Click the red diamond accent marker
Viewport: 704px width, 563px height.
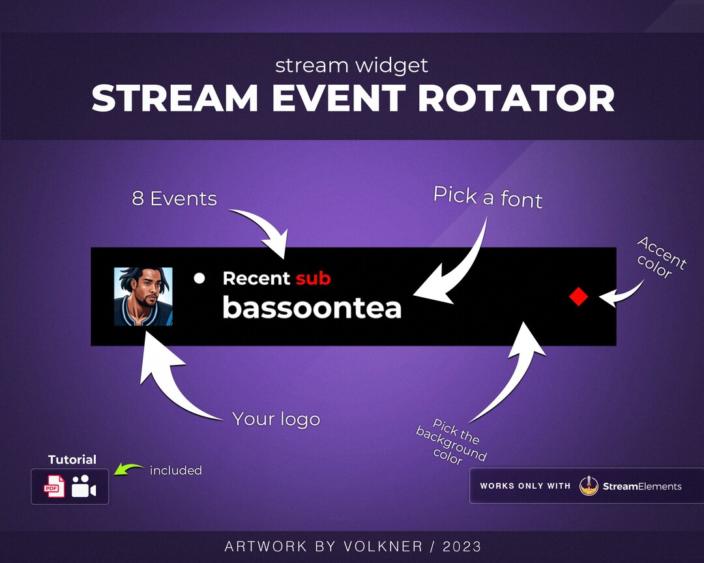(578, 297)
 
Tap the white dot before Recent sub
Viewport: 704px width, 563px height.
(199, 278)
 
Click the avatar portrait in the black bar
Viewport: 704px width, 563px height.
(143, 296)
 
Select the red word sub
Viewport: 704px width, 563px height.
(313, 278)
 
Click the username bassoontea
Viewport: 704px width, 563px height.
(312, 308)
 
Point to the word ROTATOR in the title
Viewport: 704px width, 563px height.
(516, 98)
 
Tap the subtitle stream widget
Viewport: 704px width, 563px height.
(351, 65)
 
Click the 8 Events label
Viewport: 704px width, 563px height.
(174, 199)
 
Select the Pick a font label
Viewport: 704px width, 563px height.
(488, 196)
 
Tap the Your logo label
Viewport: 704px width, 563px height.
(276, 419)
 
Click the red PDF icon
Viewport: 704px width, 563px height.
(54, 487)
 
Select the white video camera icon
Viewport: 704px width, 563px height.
(83, 487)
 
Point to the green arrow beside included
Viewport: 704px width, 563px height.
(128, 469)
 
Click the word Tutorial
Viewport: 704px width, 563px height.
(72, 459)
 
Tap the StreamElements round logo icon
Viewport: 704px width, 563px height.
(589, 486)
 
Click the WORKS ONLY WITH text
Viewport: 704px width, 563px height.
(525, 486)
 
